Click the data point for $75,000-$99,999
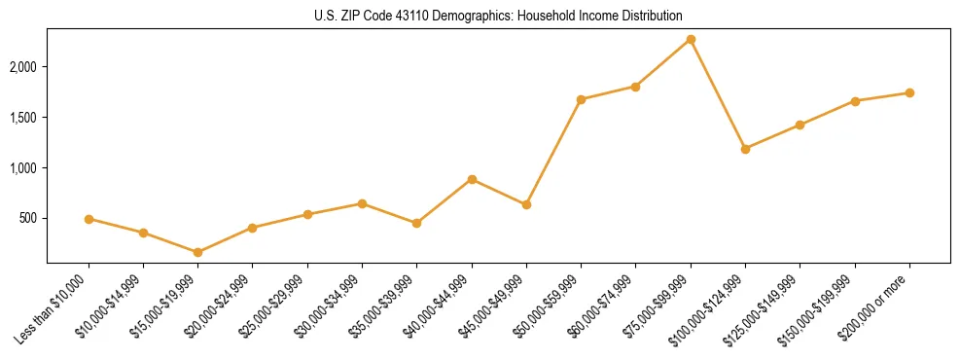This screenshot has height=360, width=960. [691, 39]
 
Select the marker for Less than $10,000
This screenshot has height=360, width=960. [89, 219]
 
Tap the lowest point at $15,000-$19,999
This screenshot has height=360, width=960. [198, 252]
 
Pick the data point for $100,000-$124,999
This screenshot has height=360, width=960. [745, 149]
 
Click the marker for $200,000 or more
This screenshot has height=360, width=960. [909, 92]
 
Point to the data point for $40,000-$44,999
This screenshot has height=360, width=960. [472, 179]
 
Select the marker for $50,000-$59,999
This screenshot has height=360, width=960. [581, 99]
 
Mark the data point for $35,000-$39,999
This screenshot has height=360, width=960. [416, 223]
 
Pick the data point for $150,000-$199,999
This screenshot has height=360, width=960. [855, 101]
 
